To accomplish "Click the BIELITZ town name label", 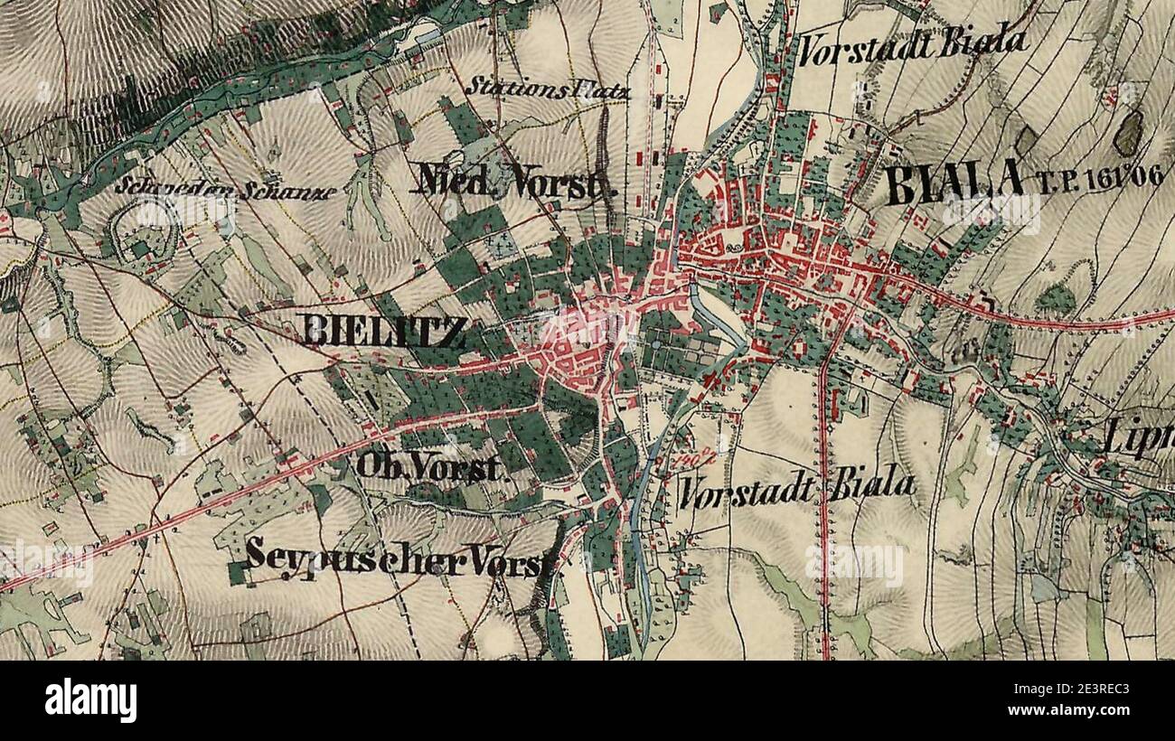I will [385, 333].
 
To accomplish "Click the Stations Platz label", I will [549, 89].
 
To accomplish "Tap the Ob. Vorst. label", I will [428, 466].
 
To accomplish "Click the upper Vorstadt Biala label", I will [913, 42].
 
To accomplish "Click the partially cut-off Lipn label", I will [1139, 440].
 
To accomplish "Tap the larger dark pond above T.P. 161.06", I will [1128, 135].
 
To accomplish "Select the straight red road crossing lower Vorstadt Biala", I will [823, 506].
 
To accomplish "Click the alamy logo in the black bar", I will [90, 700].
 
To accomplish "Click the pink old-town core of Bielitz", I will [578, 348].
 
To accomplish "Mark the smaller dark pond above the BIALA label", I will [1025, 141].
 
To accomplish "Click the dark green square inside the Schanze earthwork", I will [140, 247].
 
